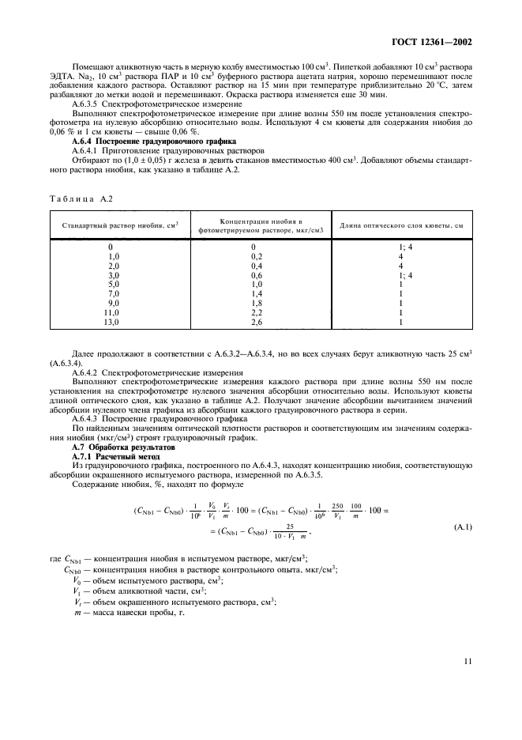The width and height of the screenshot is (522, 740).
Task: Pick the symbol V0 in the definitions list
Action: pos(77,580)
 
